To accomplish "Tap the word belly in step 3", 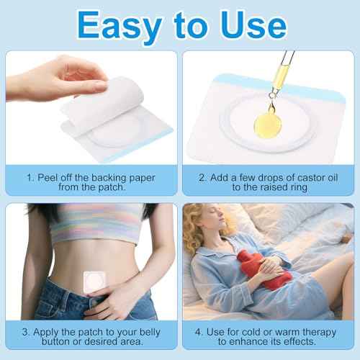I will [x=159, y=332].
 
